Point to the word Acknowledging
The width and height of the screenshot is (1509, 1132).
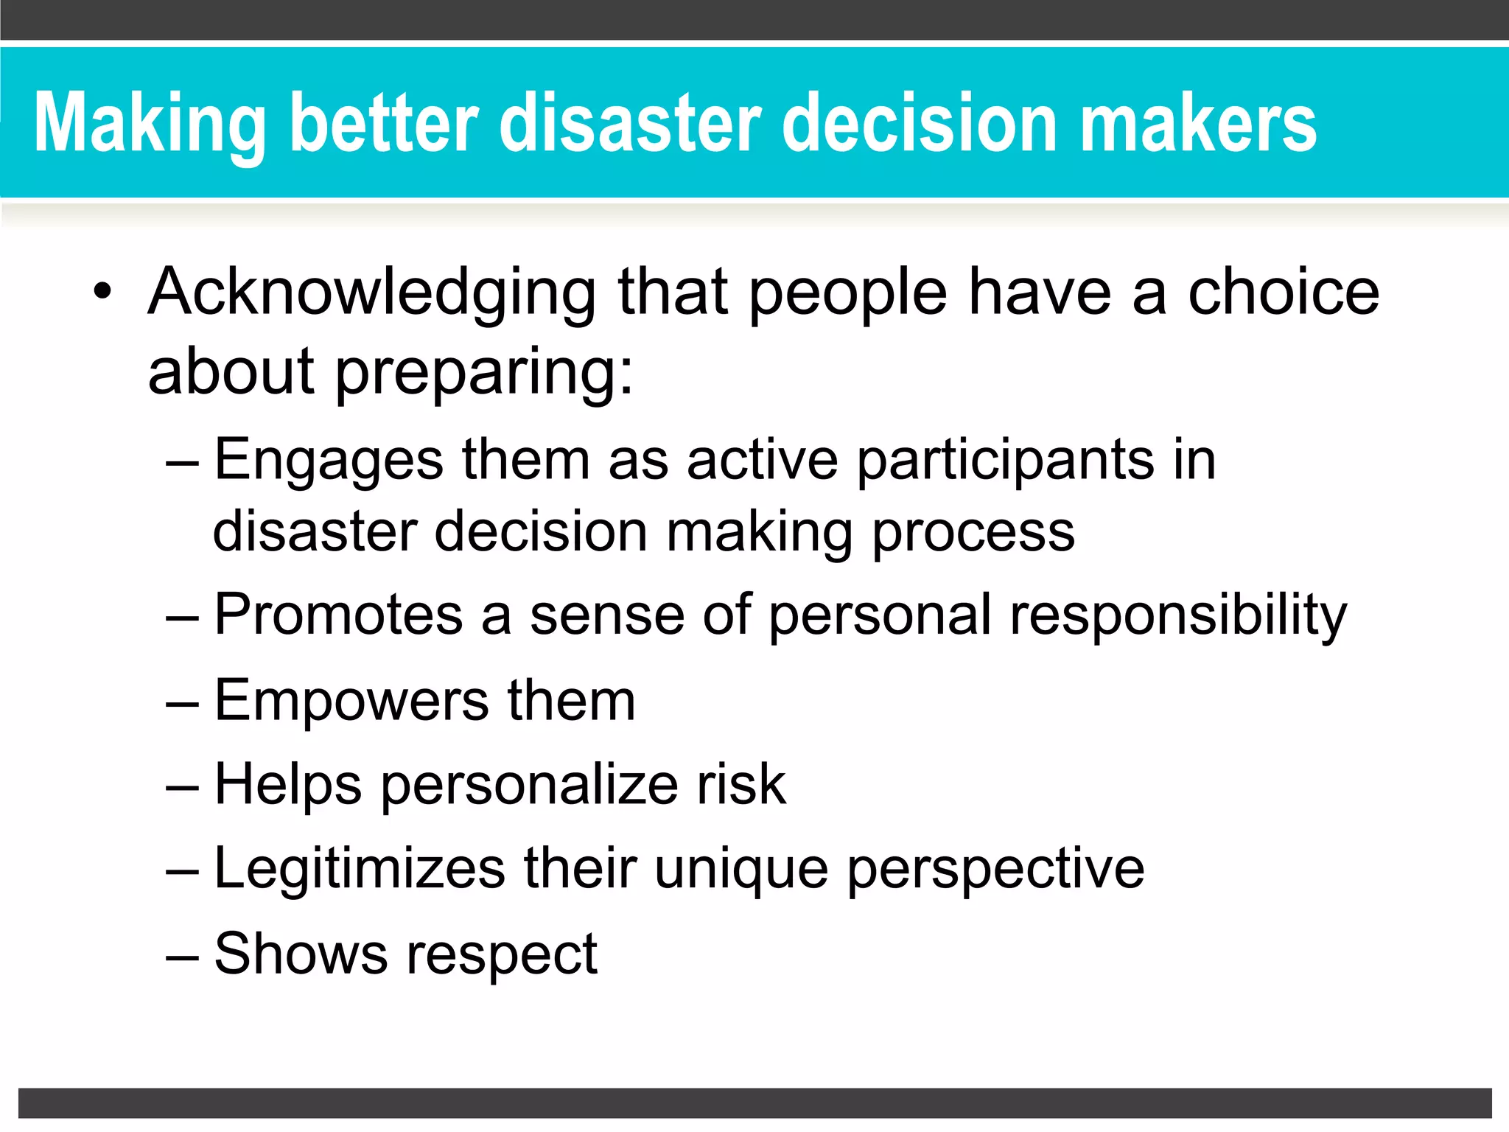click(x=372, y=294)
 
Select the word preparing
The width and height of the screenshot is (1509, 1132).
click(x=483, y=373)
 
